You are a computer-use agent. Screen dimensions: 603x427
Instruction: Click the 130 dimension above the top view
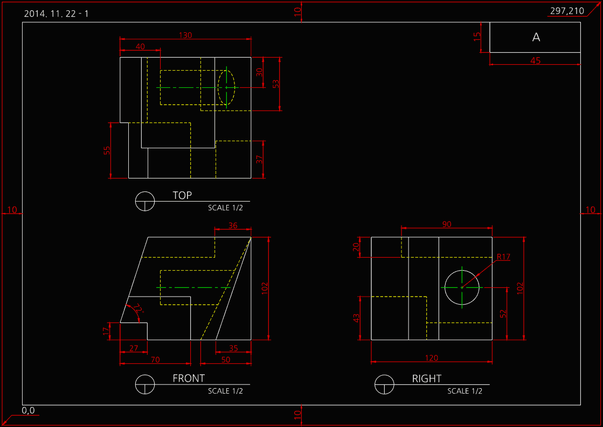pos(185,35)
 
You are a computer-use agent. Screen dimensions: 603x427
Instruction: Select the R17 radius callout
pos(503,257)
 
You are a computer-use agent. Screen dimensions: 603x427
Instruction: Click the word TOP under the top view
pos(182,195)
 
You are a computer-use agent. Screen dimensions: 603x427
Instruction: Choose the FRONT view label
pos(189,378)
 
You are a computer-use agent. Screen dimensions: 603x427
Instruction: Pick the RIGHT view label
pos(427,379)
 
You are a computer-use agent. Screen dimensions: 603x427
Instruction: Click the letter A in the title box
pos(536,37)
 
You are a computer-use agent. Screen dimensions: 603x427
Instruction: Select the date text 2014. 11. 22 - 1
pos(56,14)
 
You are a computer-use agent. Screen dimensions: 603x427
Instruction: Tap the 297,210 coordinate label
pos(567,11)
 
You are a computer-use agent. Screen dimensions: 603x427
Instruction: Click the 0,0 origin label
pos(28,410)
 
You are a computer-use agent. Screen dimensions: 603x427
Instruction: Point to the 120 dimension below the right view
pos(432,358)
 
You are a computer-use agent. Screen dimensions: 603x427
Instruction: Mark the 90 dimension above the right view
pos(447,224)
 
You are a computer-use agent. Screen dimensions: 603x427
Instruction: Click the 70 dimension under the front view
pos(155,360)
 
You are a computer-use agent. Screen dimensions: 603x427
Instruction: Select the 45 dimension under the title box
pos(535,60)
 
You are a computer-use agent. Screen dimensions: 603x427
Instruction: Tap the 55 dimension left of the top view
pos(107,150)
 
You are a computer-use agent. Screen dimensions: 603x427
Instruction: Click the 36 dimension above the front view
pos(233,225)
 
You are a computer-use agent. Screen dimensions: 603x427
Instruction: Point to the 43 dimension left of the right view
pos(357,318)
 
